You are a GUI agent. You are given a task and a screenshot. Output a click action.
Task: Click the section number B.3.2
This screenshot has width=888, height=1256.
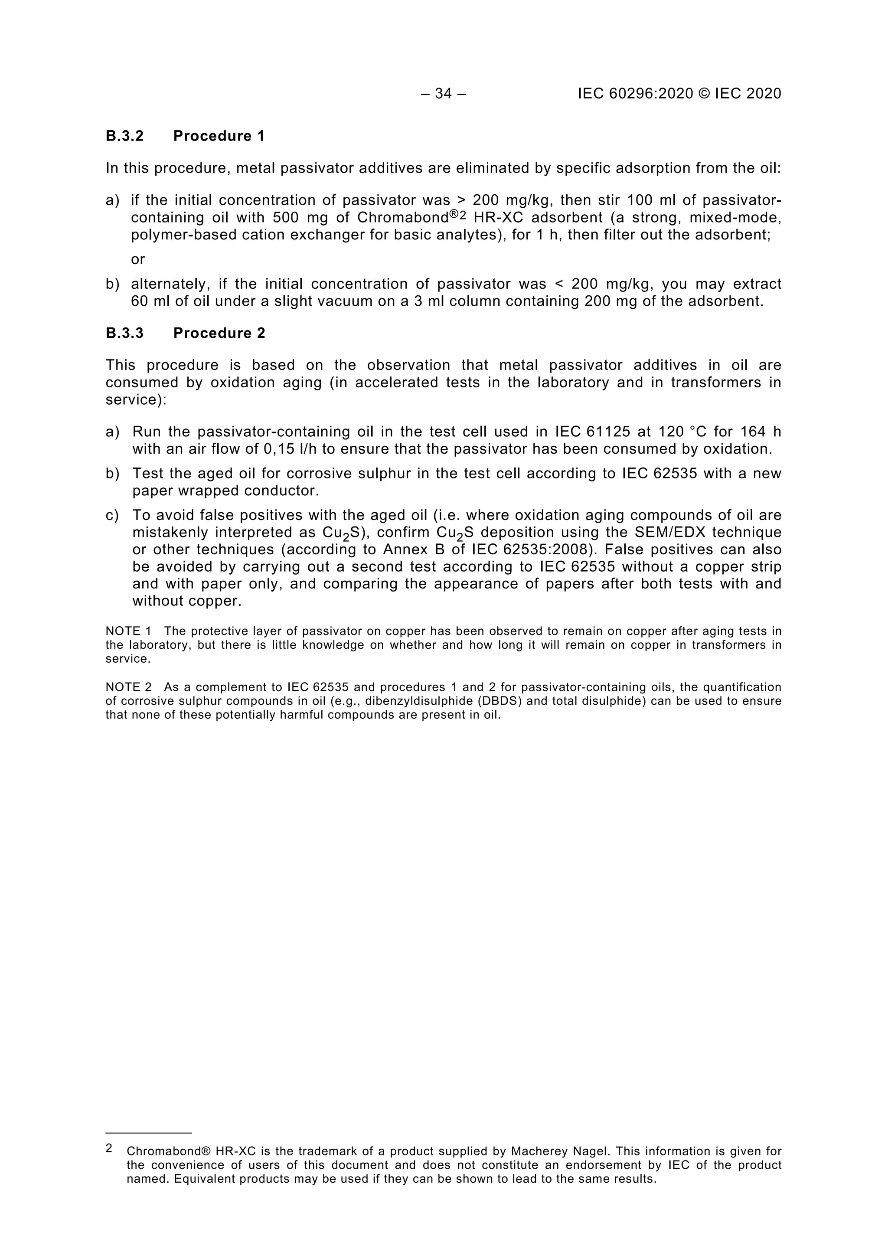(125, 136)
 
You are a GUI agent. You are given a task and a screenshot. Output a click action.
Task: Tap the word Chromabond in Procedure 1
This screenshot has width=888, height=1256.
(402, 218)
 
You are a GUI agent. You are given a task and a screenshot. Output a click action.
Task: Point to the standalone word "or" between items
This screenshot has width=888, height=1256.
(138, 259)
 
